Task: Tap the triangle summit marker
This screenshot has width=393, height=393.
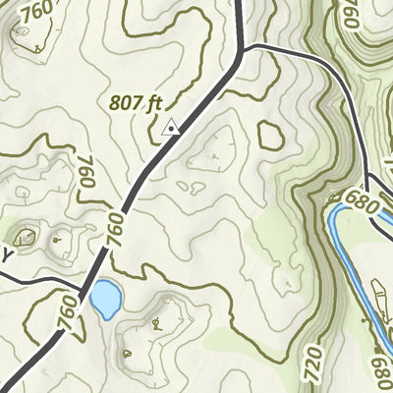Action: pos(172,126)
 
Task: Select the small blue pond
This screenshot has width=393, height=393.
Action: pos(105,298)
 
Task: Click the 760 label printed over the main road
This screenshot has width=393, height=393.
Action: pos(117,233)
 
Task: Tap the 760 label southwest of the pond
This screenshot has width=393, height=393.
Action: pos(66,311)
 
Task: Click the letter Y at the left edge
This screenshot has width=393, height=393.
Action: pos(7,256)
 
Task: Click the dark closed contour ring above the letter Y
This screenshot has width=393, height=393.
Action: pos(26,236)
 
